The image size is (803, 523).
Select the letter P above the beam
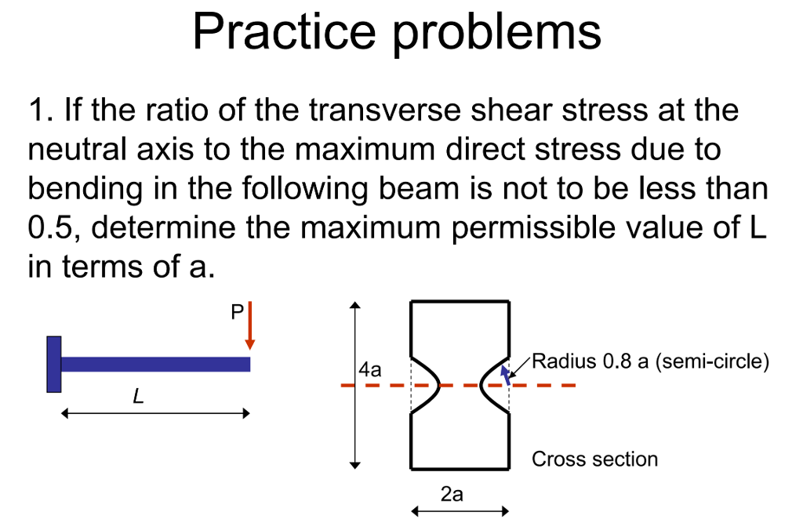coord(237,313)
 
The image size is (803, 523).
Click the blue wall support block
coord(54,364)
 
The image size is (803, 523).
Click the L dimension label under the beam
coord(138,398)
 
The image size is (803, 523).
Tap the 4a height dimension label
coord(369,370)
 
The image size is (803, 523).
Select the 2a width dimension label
coord(452,495)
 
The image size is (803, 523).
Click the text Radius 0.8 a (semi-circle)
coord(651,362)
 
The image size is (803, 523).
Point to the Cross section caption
coord(594,459)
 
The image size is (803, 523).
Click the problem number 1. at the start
coord(39,111)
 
